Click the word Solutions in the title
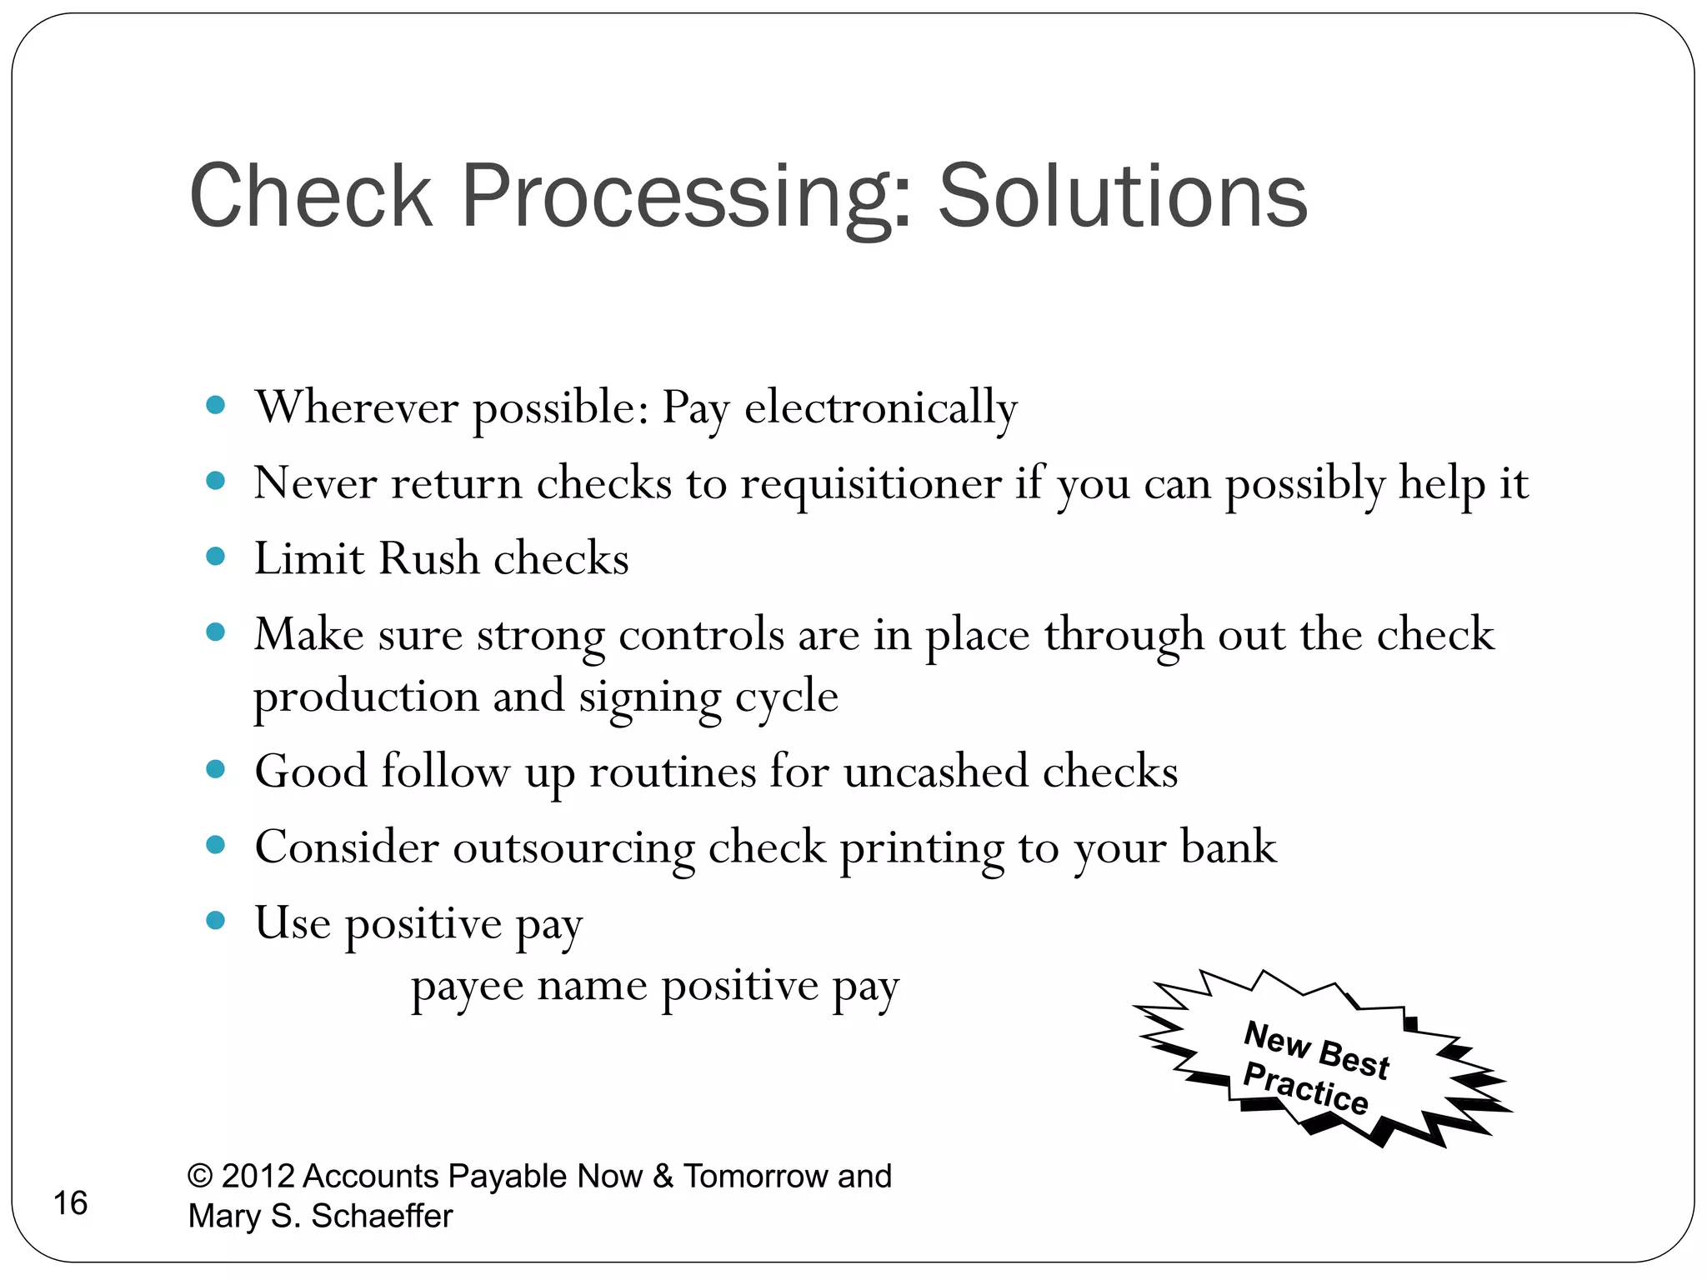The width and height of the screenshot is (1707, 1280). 1123,197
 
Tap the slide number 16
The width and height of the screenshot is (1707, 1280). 70,1203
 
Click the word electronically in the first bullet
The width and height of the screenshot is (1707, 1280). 880,408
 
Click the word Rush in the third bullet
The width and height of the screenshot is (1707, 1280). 429,558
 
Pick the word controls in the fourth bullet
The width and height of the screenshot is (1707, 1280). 701,635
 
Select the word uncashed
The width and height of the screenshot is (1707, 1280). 935,772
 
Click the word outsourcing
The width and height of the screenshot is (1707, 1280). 573,848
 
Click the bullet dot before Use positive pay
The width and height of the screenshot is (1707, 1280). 216,921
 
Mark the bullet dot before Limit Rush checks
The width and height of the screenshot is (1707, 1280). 216,556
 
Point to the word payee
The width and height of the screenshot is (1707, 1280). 467,988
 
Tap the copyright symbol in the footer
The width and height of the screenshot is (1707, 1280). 200,1177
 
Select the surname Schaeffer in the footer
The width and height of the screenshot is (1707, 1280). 381,1217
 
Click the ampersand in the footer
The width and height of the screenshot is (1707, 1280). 663,1177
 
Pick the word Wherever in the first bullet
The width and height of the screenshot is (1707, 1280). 357,408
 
